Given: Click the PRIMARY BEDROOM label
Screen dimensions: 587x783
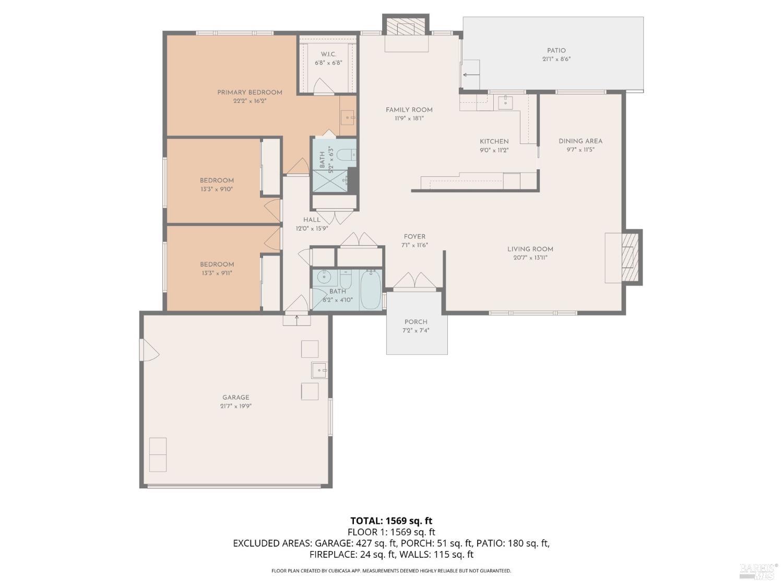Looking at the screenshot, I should point(250,92).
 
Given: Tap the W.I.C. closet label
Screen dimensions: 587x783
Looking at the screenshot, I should point(328,54).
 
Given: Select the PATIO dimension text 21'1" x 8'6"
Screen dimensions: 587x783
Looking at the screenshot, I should point(556,59).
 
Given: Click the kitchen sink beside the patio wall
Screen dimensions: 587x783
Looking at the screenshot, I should point(505,102).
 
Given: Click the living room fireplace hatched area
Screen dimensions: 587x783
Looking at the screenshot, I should point(630,257).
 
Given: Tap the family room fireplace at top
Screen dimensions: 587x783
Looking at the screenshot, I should point(406,30).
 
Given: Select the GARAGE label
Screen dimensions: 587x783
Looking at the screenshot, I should point(235,397).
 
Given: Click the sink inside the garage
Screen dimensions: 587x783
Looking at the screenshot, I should point(318,370).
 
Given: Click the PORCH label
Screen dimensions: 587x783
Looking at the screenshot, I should point(416,322).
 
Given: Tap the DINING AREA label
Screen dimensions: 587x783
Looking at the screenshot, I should point(580,141).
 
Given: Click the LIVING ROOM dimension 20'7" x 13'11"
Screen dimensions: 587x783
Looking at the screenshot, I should point(530,257).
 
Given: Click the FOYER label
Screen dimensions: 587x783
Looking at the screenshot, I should point(414,236).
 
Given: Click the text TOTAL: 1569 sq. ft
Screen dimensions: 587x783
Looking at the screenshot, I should point(391,520).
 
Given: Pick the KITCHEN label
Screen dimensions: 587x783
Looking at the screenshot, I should point(494,141).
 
